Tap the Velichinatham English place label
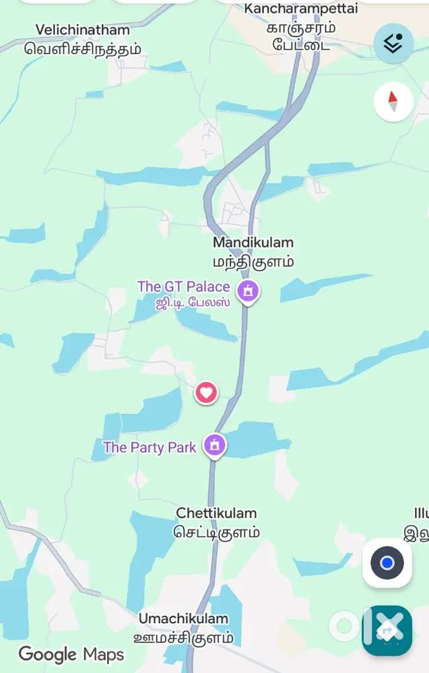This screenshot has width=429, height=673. point(83,30)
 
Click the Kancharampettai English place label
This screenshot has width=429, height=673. point(301,9)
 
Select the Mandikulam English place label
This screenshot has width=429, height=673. point(253,242)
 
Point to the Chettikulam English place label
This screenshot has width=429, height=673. point(216,513)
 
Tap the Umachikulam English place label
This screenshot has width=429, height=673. point(183,618)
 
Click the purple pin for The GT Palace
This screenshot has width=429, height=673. point(249,291)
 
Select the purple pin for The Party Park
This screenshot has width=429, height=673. point(215,445)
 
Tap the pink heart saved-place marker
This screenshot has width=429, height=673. point(207,392)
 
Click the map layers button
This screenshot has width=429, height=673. point(393,43)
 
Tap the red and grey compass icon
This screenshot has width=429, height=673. point(393,102)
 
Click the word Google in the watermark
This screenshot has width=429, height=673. point(47,654)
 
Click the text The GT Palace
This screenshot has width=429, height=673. point(183,287)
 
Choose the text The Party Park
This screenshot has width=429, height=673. point(150,447)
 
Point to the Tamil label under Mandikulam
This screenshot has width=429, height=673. point(253,262)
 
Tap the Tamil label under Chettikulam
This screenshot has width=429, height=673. point(216,532)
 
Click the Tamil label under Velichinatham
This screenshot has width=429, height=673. point(83,49)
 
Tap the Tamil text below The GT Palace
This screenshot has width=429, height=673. point(193,303)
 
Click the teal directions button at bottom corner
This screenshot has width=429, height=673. point(387,631)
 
